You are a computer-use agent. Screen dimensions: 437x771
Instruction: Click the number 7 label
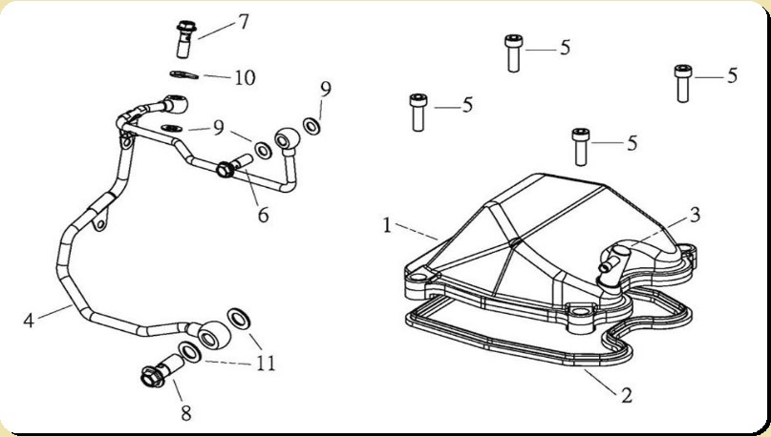pos(244,21)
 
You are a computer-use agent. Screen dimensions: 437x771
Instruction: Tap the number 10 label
pos(245,77)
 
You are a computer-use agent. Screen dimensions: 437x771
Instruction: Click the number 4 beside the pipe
pos(29,320)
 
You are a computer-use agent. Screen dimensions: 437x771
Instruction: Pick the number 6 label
pos(263,214)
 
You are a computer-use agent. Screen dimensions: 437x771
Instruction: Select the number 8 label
pos(186,412)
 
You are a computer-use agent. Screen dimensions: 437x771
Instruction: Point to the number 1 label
pos(387,226)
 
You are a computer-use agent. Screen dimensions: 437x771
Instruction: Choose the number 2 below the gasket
pos(626,392)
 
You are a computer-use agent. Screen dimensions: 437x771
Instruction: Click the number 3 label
pos(695,215)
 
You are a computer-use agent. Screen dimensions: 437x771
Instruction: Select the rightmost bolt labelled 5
pos(682,82)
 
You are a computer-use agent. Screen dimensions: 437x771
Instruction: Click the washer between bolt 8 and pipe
pos(190,354)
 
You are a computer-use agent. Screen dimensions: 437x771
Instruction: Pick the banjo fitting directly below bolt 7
pos(177,100)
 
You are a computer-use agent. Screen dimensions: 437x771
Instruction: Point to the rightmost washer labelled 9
pos(312,125)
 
